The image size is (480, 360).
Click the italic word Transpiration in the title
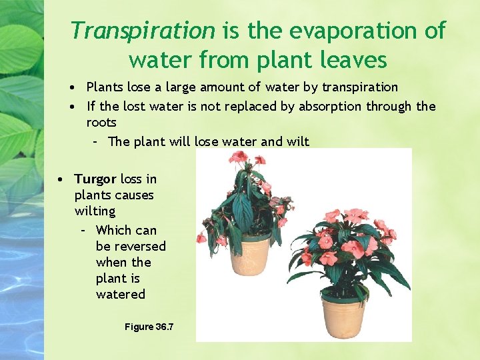click(143, 31)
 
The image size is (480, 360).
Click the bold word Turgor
click(95, 179)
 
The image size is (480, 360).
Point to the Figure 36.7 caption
click(149, 327)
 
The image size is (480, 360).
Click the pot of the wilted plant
click(251, 255)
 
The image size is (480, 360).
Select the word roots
click(101, 123)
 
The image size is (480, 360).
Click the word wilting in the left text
click(95, 211)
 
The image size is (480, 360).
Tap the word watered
click(121, 294)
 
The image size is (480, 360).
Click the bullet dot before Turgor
click(60, 179)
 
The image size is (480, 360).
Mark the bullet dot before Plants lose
click(78, 87)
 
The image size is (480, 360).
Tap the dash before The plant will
click(95, 141)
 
